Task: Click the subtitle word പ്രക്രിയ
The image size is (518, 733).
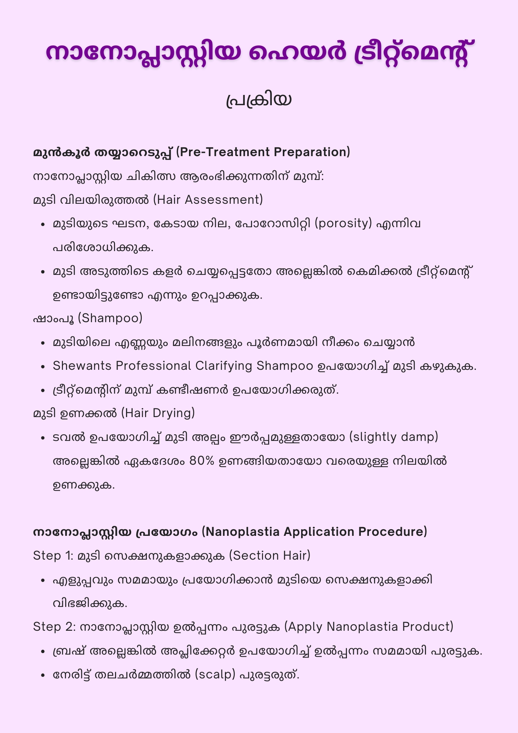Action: tap(259, 100)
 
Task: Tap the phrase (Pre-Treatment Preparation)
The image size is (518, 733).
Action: tap(263, 152)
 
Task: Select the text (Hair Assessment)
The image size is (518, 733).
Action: tap(208, 200)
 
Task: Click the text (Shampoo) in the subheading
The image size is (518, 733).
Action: tap(110, 318)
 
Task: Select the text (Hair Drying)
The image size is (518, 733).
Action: tap(158, 413)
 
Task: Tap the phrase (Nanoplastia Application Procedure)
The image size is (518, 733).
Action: tap(314, 532)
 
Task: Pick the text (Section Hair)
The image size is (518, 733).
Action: tap(270, 556)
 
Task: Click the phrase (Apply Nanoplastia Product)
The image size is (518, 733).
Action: tap(369, 627)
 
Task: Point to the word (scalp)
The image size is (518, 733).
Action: tap(215, 674)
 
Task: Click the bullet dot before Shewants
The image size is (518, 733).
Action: tap(43, 366)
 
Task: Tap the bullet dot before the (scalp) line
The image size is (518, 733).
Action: tap(43, 675)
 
